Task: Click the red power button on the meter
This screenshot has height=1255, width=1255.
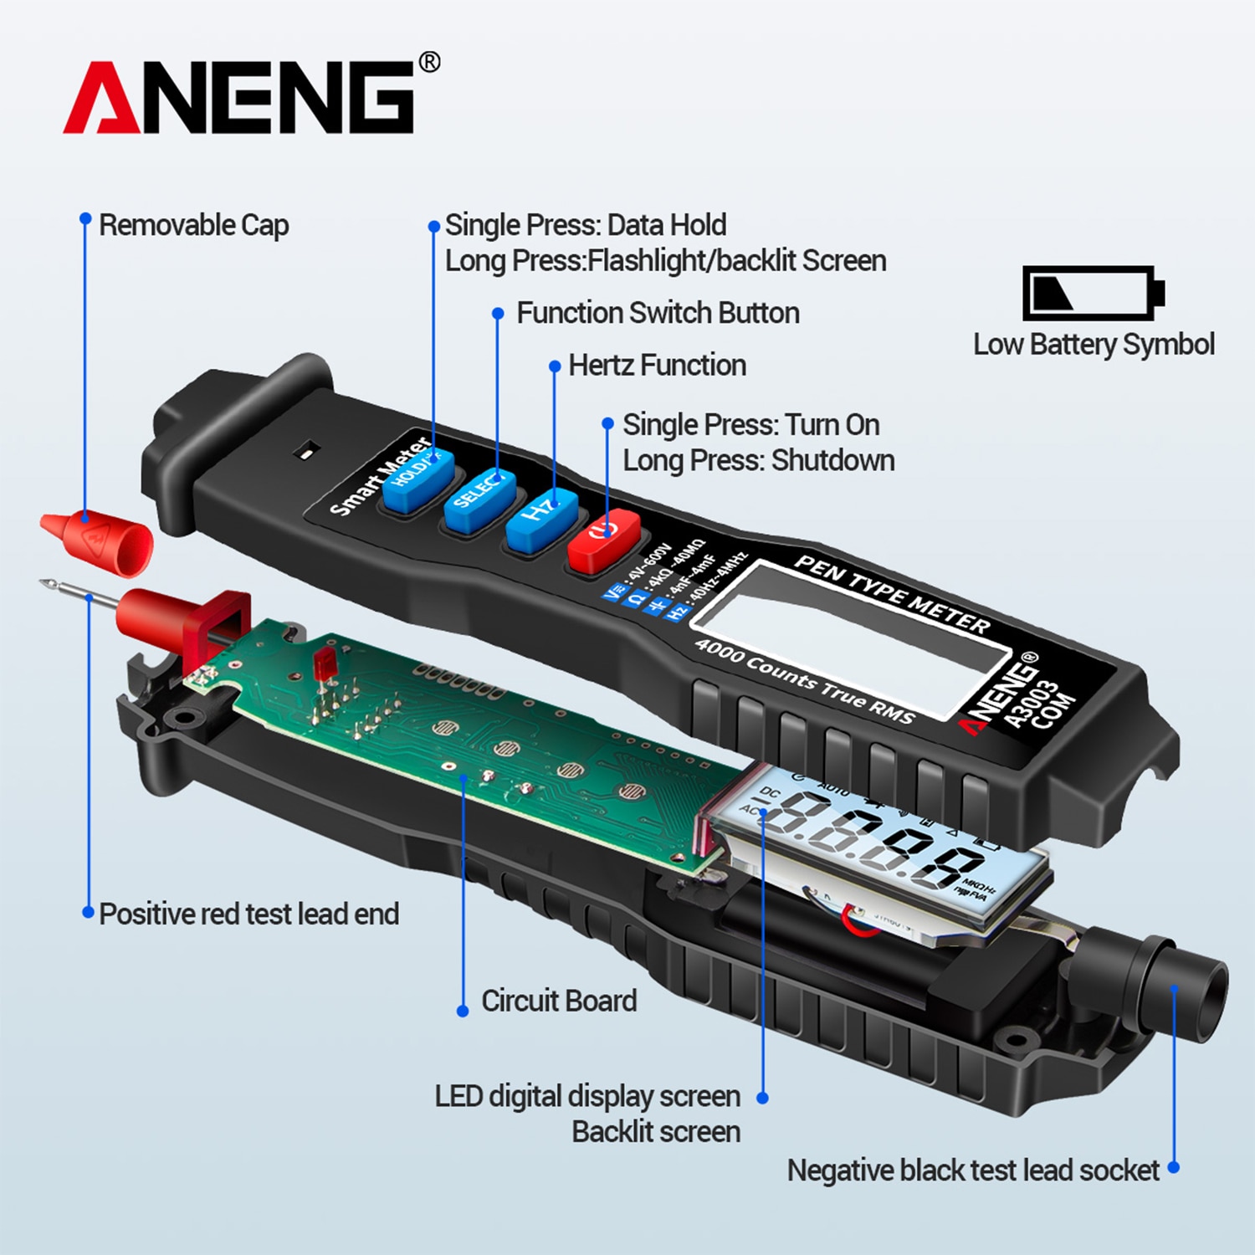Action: coord(603,538)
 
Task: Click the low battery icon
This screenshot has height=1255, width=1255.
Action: coord(1093,293)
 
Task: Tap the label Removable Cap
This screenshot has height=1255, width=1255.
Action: coord(193,225)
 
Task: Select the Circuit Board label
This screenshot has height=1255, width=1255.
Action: coord(558,1001)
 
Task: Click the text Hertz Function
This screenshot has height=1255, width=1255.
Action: coord(657,366)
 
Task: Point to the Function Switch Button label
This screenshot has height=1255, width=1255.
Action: coord(658,313)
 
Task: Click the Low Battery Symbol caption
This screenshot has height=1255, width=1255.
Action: coord(1094,345)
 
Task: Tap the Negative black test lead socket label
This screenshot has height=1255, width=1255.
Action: coord(973,1170)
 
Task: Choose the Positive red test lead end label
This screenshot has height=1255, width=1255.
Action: coord(248,914)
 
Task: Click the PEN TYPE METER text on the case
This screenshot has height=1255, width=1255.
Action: coord(891,593)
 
